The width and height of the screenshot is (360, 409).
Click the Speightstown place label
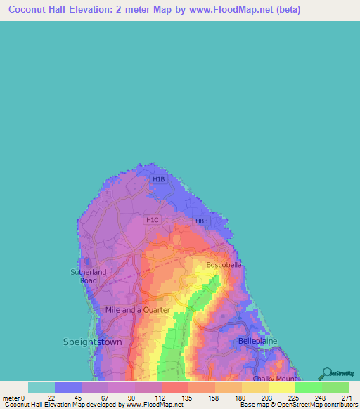[92, 342]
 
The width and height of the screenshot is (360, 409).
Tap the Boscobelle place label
[224, 265]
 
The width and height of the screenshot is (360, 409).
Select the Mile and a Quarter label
[137, 309]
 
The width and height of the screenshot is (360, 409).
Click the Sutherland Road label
[89, 275]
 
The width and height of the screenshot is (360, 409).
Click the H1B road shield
[159, 180]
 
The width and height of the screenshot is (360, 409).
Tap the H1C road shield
[152, 220]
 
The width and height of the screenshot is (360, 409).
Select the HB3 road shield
[202, 221]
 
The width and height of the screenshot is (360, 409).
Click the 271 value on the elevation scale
[347, 397]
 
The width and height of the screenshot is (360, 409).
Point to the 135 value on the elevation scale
[187, 397]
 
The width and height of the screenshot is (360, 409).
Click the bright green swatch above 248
[309, 387]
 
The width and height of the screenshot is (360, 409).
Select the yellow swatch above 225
[282, 387]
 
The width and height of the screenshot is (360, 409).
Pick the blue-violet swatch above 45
[68, 387]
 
